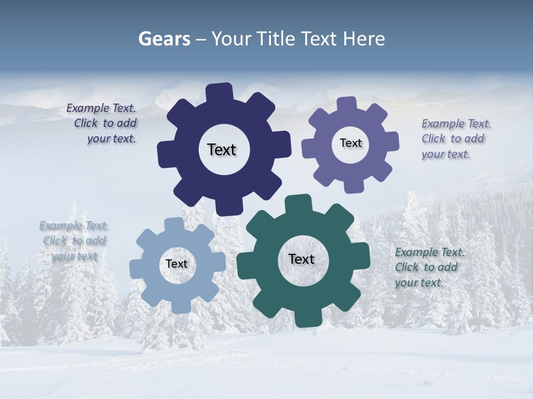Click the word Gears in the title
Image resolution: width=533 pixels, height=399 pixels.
click(x=164, y=39)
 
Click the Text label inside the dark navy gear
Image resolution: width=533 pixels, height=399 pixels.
click(x=222, y=150)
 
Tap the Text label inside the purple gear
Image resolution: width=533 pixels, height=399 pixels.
click(x=350, y=143)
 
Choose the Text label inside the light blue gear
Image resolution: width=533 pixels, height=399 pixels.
click(x=177, y=264)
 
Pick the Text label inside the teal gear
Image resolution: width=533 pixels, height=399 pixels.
click(x=301, y=259)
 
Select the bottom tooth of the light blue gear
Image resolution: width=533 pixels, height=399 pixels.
click(x=179, y=306)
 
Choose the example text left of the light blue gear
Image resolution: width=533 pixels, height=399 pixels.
click(x=74, y=241)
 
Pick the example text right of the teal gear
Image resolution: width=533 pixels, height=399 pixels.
click(x=429, y=267)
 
